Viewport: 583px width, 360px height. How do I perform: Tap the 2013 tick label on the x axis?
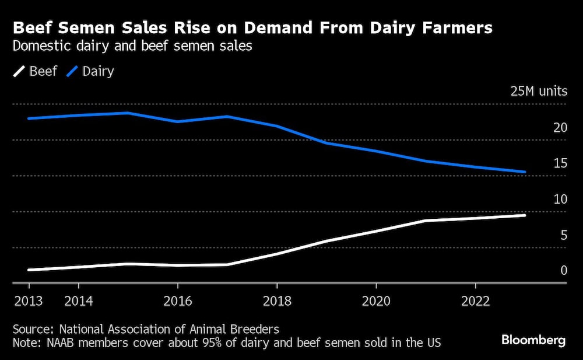pos(29,301)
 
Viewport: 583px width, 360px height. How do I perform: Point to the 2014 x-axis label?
pos(78,301)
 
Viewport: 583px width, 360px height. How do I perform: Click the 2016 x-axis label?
pos(177,301)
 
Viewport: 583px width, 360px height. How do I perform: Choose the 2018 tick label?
pos(276,301)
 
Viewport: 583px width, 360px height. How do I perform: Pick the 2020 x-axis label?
pos(376,301)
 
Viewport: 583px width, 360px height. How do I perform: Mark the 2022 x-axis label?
pos(475,301)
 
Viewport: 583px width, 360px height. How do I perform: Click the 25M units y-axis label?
pos(538,92)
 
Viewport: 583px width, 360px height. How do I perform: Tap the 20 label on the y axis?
pos(560,128)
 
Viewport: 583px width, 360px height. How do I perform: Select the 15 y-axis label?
pos(560,163)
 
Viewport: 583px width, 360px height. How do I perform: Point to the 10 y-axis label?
pos(560,200)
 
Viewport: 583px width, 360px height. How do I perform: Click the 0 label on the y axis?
pos(563,271)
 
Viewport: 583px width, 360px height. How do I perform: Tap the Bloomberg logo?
pos(533,341)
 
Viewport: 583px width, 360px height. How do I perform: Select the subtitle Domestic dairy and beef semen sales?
pos(132,46)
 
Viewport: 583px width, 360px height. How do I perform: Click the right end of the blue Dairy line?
pos(525,172)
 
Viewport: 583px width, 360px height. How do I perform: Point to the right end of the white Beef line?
pos(525,215)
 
